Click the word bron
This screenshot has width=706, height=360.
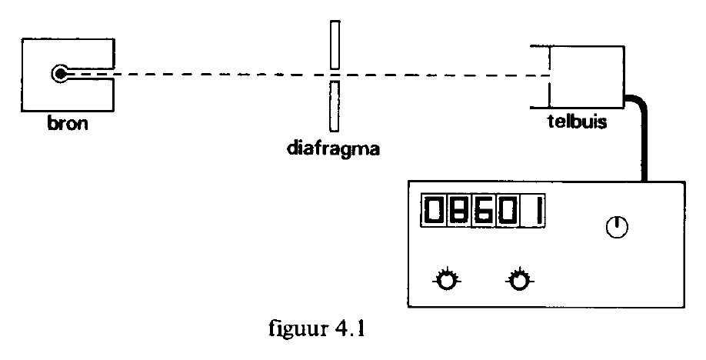[x=68, y=123]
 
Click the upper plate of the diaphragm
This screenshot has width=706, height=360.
[x=335, y=45]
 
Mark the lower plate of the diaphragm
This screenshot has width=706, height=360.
[x=334, y=106]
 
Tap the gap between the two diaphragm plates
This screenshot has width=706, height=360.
[x=335, y=75]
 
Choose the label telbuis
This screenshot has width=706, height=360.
[x=578, y=122]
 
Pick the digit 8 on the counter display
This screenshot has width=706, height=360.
[x=458, y=211]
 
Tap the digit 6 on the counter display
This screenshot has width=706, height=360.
[x=483, y=211]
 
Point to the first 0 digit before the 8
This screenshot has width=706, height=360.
[x=434, y=211]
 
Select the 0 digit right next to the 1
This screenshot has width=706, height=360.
[x=508, y=211]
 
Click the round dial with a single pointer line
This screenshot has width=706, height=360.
[x=617, y=227]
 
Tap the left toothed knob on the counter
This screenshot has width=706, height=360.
[x=447, y=280]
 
